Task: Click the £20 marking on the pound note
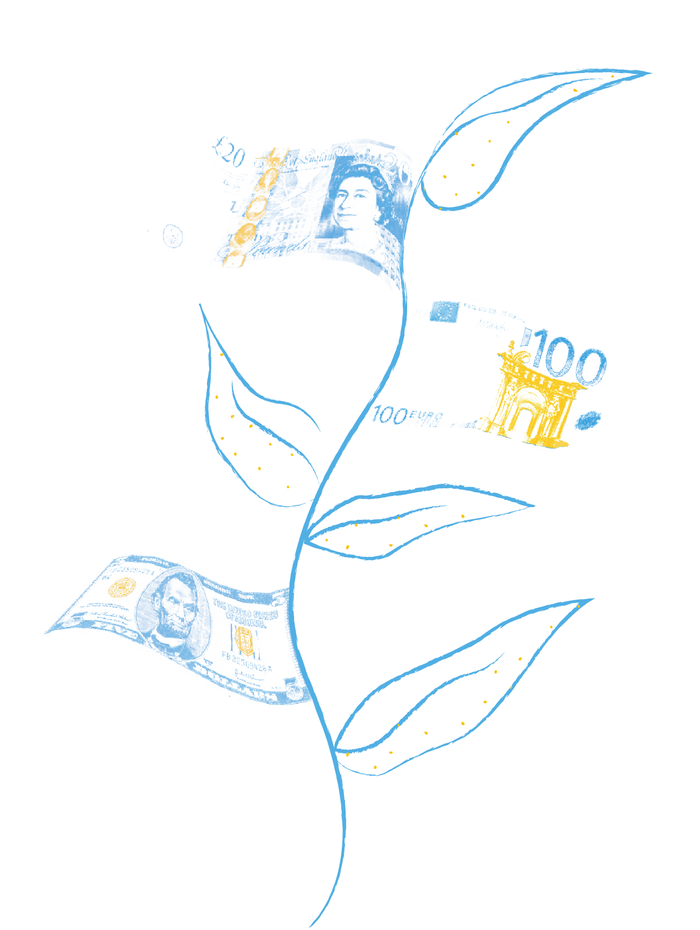click(x=229, y=152)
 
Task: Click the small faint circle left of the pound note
click(x=173, y=236)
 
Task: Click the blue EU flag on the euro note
click(x=445, y=312)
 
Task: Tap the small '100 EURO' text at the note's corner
click(x=407, y=416)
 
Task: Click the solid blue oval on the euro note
click(x=589, y=421)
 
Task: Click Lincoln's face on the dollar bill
click(x=176, y=605)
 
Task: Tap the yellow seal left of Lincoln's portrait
click(x=122, y=587)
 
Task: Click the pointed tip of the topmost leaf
click(x=650, y=73)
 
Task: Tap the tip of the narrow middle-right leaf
click(x=534, y=505)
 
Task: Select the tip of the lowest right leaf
click(x=594, y=599)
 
